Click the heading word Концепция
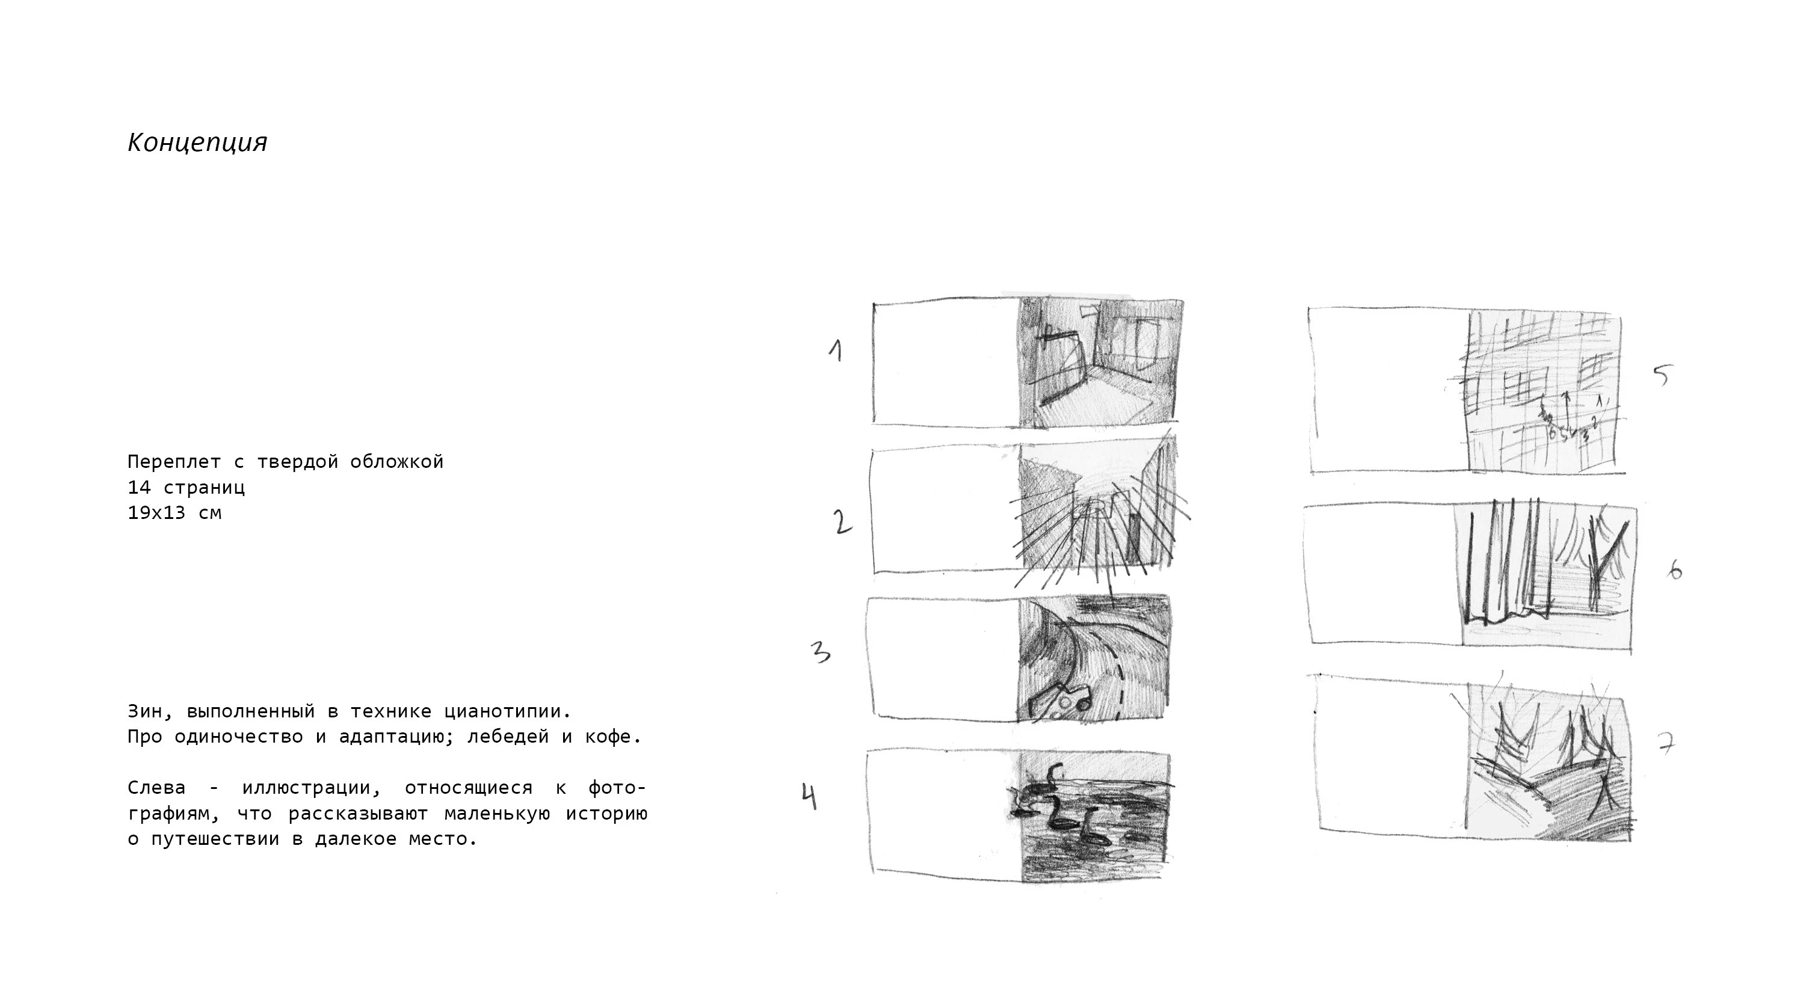[x=197, y=143]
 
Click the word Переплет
[x=174, y=462]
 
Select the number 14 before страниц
[x=138, y=488]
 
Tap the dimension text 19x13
[x=156, y=513]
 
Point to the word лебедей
[x=508, y=737]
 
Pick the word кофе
[x=613, y=737]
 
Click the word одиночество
[x=239, y=737]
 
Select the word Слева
[x=156, y=788]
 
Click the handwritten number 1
[x=836, y=351]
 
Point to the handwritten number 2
[x=842, y=521]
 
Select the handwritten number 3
[x=820, y=652]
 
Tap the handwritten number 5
[x=1663, y=375]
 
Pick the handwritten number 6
[x=1675, y=569]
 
